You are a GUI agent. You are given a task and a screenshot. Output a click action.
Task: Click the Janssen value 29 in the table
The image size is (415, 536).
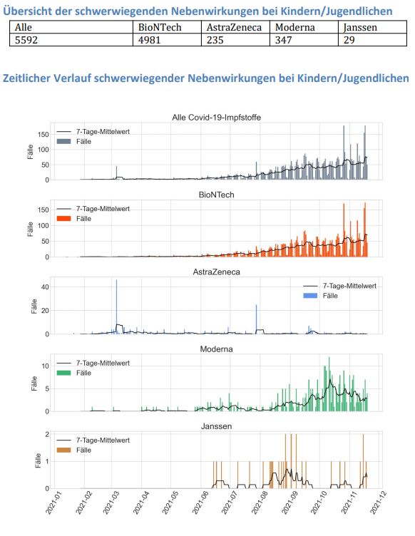(x=349, y=41)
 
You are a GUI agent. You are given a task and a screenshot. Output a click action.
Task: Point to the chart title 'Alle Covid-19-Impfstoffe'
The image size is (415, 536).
(x=220, y=117)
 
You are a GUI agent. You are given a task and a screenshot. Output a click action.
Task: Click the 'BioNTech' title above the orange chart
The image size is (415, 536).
(x=220, y=194)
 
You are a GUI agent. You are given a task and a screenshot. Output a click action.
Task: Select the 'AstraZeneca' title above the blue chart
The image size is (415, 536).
(x=220, y=272)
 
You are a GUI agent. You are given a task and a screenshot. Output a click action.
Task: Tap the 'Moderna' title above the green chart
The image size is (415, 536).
(x=220, y=349)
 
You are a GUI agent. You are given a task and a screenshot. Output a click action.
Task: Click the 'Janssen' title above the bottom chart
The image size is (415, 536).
(x=220, y=426)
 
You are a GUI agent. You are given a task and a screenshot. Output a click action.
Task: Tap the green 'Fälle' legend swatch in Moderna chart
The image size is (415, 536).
(x=64, y=373)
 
